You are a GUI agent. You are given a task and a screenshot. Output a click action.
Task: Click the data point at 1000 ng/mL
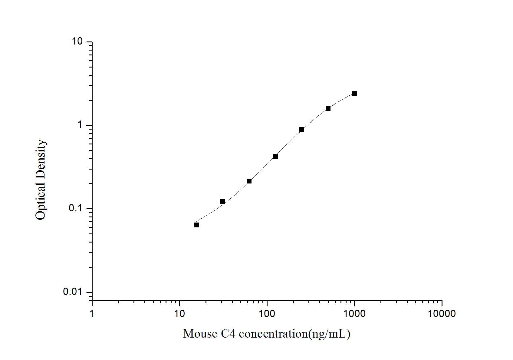[354, 93]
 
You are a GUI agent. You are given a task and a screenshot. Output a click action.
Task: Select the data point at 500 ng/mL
[328, 108]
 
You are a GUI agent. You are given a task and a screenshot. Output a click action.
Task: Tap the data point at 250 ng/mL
[302, 130]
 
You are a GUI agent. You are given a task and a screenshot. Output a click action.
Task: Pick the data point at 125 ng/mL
[275, 157]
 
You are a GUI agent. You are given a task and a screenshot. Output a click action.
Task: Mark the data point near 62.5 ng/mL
[249, 181]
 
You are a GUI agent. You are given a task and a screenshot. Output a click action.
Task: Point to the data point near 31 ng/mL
[223, 202]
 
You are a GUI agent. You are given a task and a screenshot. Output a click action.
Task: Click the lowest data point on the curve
[196, 225]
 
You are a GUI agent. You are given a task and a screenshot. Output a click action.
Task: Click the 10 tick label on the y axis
[77, 41]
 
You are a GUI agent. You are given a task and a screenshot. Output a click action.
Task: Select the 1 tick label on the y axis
[81, 125]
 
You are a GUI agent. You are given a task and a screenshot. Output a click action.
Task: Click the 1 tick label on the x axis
[92, 313]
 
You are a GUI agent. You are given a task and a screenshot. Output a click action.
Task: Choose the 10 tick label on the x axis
[179, 313]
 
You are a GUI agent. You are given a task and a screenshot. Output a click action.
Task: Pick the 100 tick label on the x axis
[267, 313]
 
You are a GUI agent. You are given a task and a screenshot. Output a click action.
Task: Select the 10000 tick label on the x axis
[442, 313]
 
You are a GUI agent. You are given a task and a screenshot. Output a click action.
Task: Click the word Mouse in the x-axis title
[199, 334]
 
